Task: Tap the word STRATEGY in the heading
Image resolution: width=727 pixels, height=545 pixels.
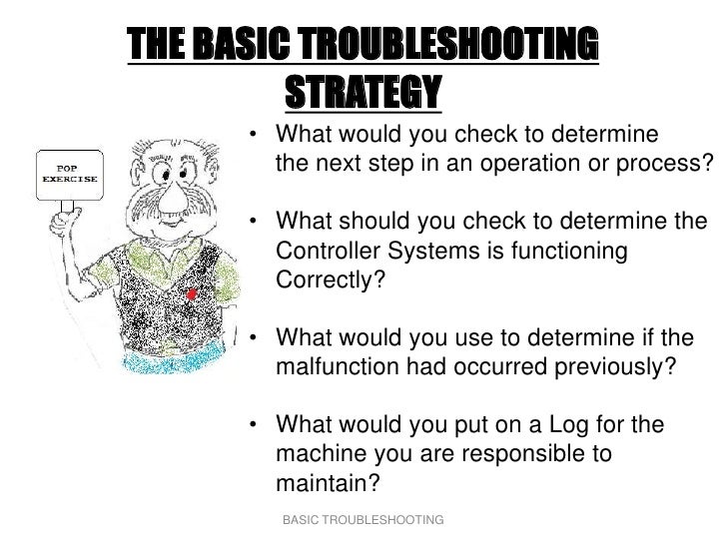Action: click(x=363, y=93)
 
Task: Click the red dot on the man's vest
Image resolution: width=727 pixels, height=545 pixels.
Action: click(x=191, y=293)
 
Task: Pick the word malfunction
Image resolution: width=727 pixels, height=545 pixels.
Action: click(x=338, y=365)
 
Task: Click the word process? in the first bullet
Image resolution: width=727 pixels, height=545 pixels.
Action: click(x=670, y=164)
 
